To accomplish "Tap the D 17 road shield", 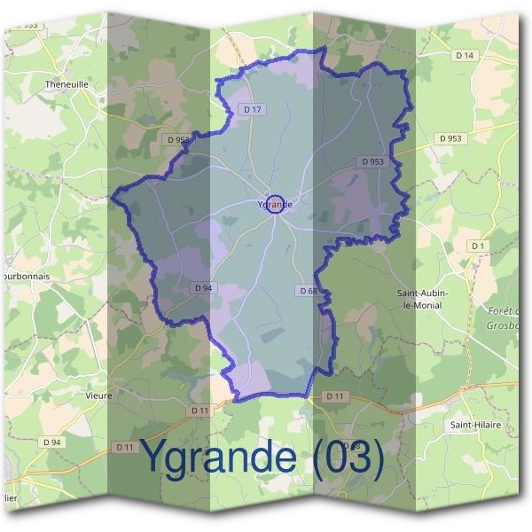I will pos(252,109).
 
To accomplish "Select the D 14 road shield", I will pos(465,56).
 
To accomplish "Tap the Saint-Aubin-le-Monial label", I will pos(421,298).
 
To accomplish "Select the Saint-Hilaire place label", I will pos(474,426).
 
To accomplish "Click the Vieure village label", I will pos(98,395).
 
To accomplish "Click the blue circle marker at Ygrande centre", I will pos(276,204).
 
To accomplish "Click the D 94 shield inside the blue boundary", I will pos(203,287).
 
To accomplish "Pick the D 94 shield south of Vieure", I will pos(52,442).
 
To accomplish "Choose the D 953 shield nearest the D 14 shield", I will pos(450,138).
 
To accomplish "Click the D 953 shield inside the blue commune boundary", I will pos(372,161).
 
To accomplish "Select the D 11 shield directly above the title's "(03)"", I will pos(333,395).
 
